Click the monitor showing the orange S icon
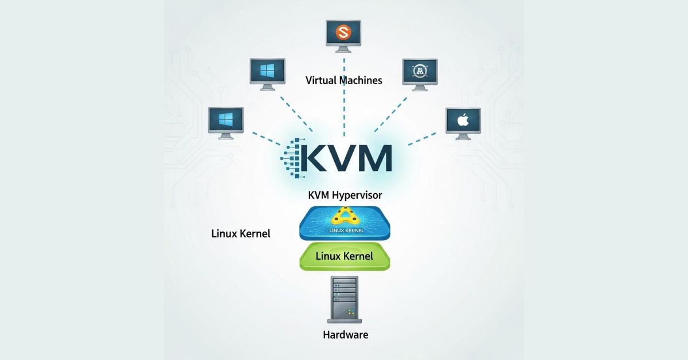tap(344, 33)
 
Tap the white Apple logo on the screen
tap(463, 120)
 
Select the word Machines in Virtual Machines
tap(360, 80)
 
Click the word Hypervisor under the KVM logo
tap(356, 195)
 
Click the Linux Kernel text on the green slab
tap(345, 256)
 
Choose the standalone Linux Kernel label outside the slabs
tap(241, 234)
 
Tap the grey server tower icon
tap(344, 298)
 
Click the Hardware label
tap(345, 335)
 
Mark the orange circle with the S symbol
tap(344, 32)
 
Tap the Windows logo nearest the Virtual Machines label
tap(267, 71)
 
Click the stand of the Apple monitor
tap(463, 137)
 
